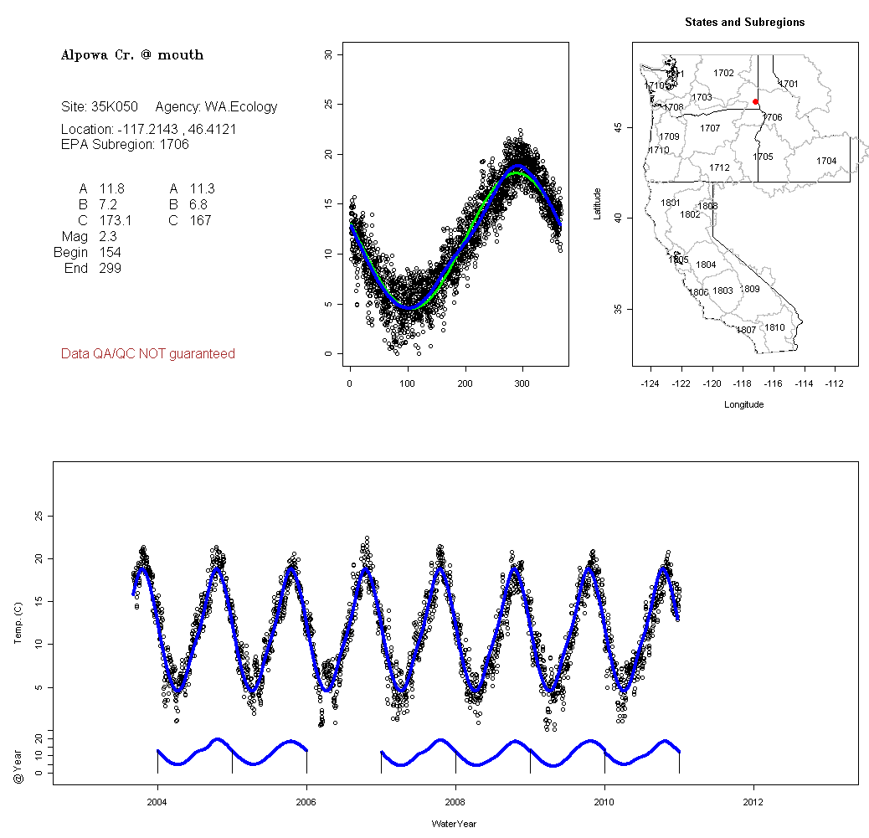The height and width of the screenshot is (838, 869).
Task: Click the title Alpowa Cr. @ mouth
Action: click(x=132, y=55)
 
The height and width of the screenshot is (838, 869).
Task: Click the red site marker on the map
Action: click(x=755, y=101)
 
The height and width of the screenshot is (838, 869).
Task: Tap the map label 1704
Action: click(x=826, y=161)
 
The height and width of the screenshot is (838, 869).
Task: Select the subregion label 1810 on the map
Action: click(x=774, y=327)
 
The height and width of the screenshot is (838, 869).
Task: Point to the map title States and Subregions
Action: click(x=744, y=23)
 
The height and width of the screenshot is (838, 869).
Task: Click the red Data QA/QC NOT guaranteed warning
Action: click(x=148, y=354)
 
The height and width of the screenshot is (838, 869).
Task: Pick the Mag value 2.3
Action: click(x=108, y=237)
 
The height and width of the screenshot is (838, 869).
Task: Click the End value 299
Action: click(x=110, y=269)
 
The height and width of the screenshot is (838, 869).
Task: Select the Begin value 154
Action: click(x=110, y=253)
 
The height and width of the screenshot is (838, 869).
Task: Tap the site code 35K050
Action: click(x=114, y=107)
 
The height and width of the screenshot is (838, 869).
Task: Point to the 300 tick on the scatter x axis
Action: click(x=522, y=383)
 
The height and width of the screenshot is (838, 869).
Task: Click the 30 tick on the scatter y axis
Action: click(x=328, y=54)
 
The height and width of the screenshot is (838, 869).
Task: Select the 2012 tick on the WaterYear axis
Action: click(x=753, y=801)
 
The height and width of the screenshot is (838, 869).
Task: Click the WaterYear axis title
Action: click(x=454, y=824)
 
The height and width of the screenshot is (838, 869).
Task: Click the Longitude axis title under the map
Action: click(x=743, y=404)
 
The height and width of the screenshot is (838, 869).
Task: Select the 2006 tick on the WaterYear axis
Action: click(x=306, y=801)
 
